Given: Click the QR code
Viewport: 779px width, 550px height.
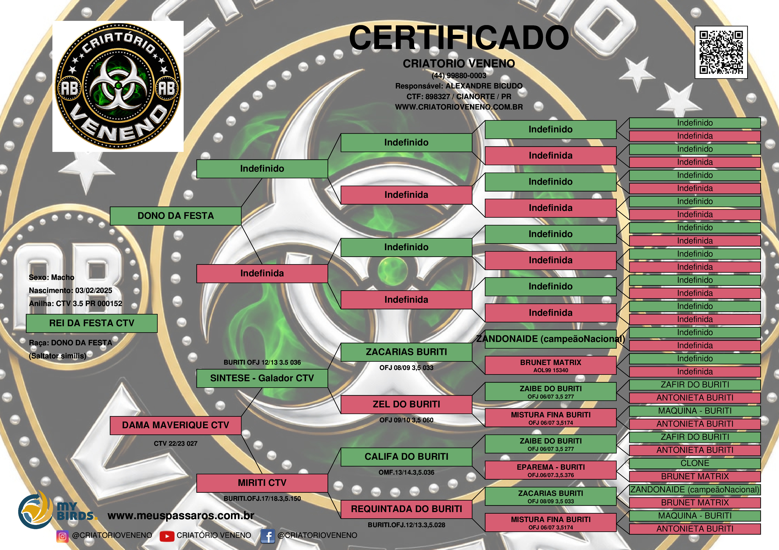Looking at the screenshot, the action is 721,52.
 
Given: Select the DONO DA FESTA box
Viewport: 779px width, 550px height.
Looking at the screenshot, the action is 175,216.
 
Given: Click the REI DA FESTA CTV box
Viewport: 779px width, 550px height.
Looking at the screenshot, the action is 92,323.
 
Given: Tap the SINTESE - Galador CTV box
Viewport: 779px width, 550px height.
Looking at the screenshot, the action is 262,378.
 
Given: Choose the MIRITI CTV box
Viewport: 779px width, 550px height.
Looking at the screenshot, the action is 262,483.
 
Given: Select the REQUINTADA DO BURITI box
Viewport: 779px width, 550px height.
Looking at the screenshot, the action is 406,509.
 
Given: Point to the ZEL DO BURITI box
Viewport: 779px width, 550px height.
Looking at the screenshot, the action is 406,404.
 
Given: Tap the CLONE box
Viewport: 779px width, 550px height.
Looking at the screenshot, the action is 695,463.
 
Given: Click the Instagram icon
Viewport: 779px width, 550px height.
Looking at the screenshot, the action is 62,536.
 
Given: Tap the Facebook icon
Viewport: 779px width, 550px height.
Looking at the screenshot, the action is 267,536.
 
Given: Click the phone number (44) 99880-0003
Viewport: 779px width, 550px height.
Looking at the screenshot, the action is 459,76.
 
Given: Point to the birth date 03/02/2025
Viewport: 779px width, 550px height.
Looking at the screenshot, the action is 94,291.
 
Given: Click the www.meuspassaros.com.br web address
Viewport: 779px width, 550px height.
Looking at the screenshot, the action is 181,516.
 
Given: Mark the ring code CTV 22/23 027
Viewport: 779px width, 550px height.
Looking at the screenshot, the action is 175,444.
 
